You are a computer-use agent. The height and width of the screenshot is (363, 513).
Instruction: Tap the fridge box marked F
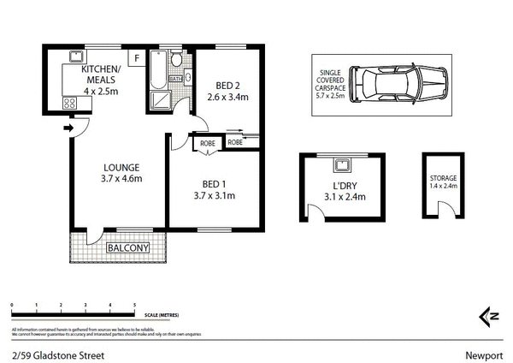pos(135,57)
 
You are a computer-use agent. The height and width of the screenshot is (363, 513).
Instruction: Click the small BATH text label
pos(175,80)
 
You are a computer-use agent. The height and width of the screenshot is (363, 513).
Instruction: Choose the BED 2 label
pos(226,85)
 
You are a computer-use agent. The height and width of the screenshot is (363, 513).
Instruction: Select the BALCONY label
pos(127,249)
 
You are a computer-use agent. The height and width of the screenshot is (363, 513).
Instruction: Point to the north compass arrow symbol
pos(488,316)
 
